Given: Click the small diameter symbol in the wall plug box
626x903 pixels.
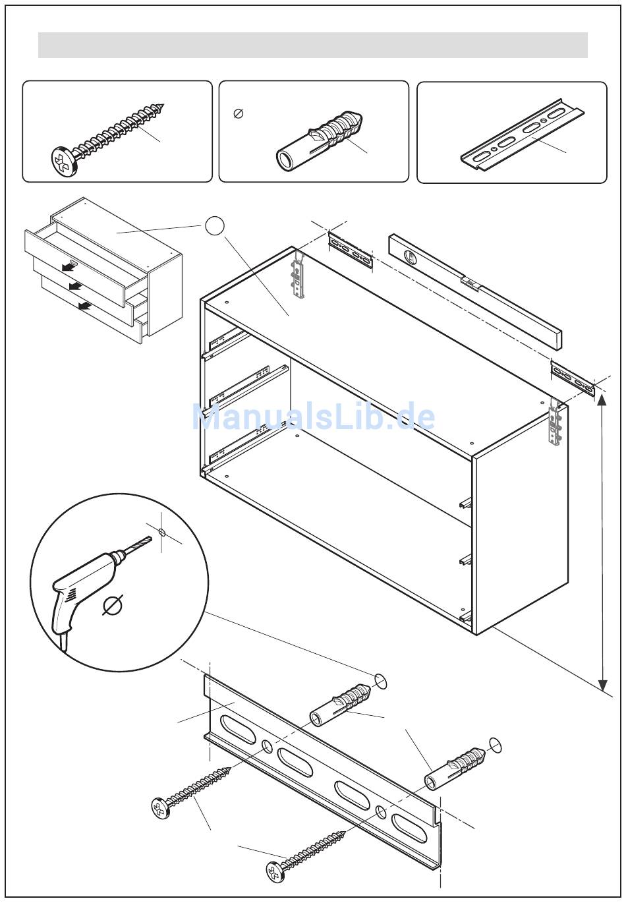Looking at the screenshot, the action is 239,114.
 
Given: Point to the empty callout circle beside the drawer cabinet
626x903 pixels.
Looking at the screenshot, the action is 214,226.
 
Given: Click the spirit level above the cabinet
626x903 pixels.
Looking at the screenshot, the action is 474,289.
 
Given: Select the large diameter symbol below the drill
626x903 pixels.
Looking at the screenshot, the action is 113,604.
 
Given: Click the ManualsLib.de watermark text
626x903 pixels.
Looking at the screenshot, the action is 314,417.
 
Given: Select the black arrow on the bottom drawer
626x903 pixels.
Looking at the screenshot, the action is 84,305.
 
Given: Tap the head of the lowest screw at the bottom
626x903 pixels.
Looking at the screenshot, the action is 275,871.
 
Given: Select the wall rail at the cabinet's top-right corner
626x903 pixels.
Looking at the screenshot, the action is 573,379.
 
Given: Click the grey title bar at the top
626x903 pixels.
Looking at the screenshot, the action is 313,45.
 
